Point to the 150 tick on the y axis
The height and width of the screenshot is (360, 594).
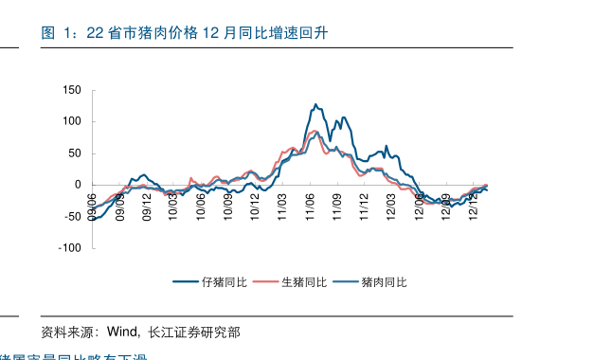click(x=73, y=90)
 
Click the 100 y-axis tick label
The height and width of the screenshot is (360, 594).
click(x=73, y=121)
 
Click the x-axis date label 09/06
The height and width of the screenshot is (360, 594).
click(x=93, y=207)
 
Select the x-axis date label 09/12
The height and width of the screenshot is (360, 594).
click(x=147, y=207)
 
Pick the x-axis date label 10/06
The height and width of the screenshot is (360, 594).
click(x=201, y=207)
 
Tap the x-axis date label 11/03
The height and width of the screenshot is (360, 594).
click(x=282, y=207)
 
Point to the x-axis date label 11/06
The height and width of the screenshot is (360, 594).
click(x=310, y=207)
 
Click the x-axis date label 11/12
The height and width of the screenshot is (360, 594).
click(x=364, y=207)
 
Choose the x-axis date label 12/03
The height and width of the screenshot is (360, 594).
click(x=391, y=207)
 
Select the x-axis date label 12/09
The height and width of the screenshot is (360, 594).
click(x=445, y=207)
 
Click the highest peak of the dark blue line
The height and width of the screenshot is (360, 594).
click(x=315, y=104)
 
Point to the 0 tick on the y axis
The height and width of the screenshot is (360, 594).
click(x=79, y=185)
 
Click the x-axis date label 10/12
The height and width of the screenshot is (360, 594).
click(x=255, y=207)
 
